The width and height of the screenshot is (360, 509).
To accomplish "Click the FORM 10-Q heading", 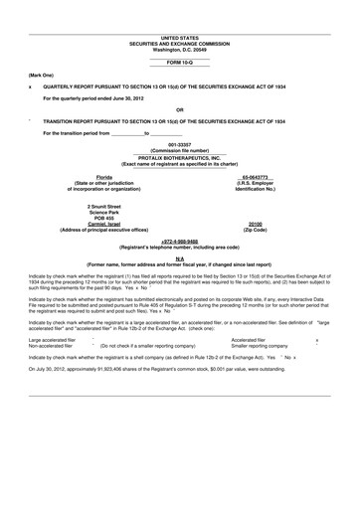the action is click(179, 63).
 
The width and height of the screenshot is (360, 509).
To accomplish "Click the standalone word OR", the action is click(179, 109).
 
